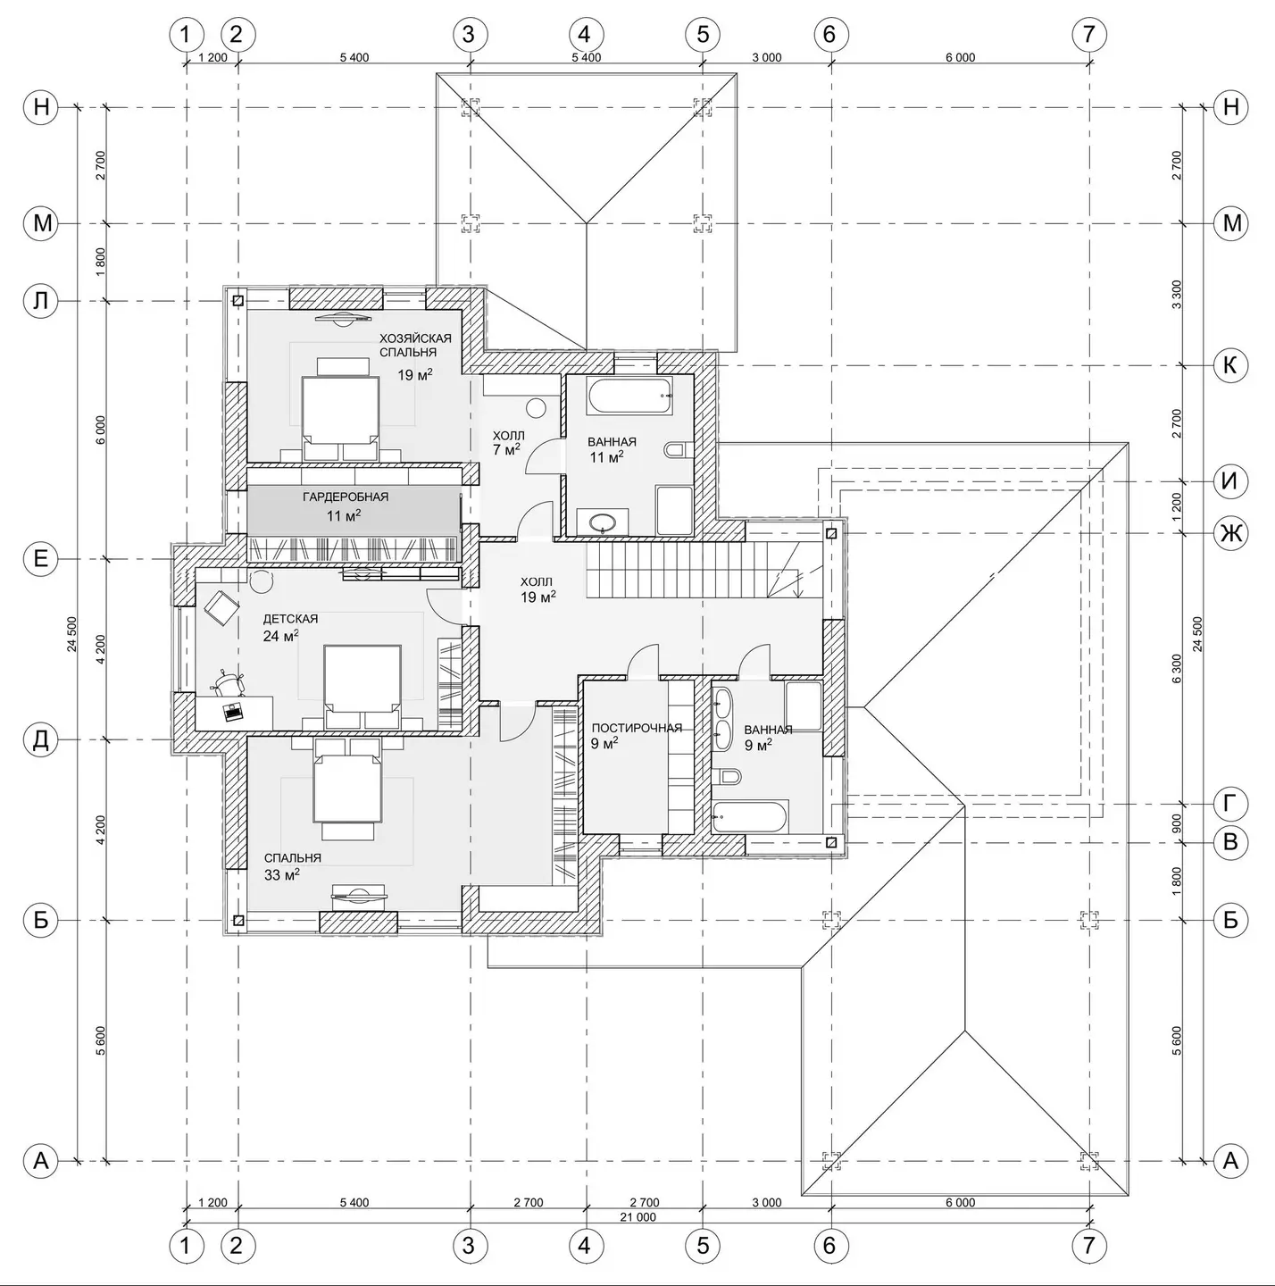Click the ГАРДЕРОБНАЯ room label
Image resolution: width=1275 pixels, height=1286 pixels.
346,497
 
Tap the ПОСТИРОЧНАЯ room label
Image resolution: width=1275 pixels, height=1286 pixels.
637,728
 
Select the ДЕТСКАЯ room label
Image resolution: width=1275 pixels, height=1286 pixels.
290,619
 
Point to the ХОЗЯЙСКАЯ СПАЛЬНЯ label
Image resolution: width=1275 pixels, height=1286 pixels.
415,345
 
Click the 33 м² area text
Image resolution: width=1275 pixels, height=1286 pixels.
282,874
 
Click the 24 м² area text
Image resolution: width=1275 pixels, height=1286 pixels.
280,636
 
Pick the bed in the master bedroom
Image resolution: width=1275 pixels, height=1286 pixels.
340,409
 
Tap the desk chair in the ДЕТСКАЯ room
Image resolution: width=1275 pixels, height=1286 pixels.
228,682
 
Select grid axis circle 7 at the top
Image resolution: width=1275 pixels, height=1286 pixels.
1088,33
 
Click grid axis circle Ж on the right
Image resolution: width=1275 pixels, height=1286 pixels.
1230,533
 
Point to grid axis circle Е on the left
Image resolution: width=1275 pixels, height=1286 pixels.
41,558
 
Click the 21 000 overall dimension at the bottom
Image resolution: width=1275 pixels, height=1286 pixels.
637,1216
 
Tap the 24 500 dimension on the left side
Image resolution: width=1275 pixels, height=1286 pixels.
72,633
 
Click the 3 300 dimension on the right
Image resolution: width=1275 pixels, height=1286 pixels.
1176,295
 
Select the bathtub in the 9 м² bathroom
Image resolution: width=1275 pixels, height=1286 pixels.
750,816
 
